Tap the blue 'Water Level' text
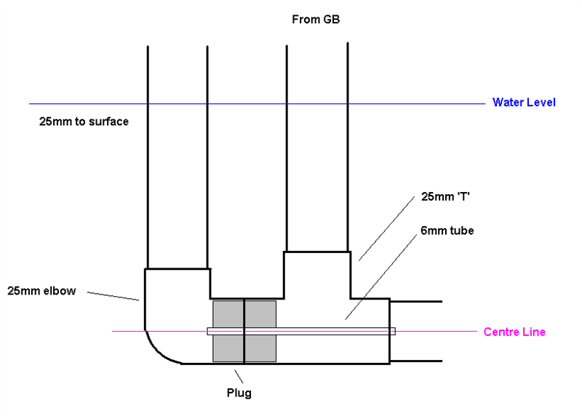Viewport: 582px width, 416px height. (x=524, y=103)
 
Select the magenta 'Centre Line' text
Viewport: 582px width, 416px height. (x=514, y=332)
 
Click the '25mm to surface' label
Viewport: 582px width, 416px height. (x=84, y=121)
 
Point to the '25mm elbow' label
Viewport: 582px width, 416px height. (x=41, y=291)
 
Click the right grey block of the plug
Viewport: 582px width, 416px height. (x=260, y=331)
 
